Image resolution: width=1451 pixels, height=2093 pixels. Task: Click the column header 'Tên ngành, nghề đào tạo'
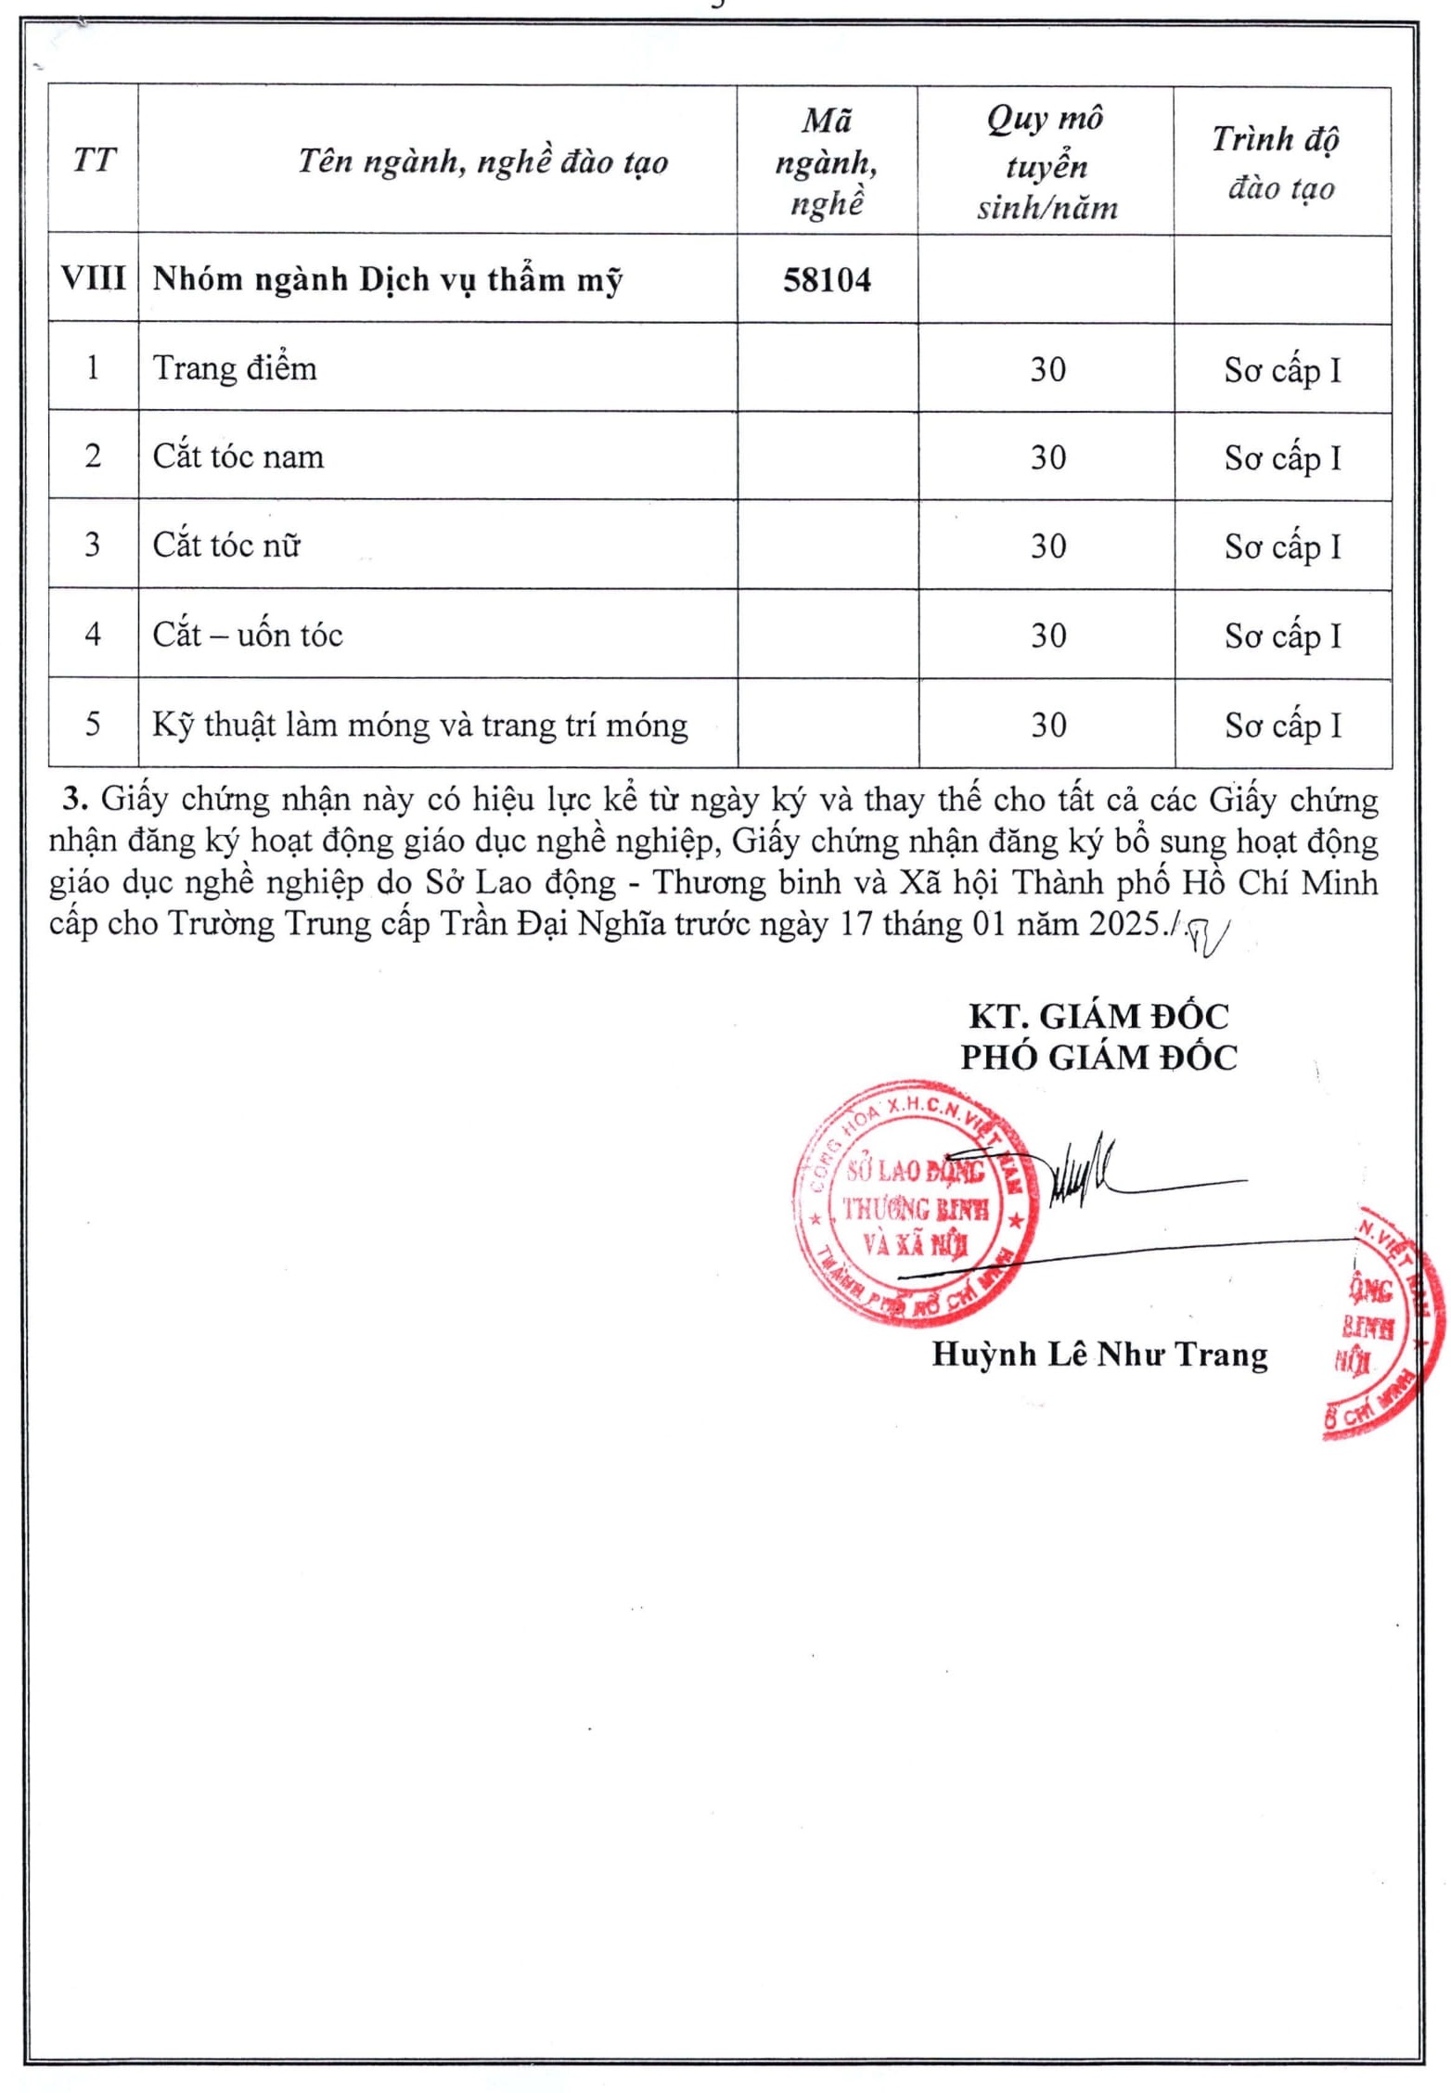(482, 161)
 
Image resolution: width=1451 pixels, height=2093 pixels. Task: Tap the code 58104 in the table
(827, 280)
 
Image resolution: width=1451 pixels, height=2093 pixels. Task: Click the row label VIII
(93, 278)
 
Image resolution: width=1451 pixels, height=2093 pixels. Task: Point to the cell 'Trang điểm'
(235, 368)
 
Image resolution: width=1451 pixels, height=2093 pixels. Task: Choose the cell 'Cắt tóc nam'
(238, 456)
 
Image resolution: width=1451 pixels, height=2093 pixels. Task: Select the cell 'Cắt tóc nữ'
(226, 545)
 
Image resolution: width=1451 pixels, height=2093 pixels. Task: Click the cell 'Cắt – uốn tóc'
(248, 635)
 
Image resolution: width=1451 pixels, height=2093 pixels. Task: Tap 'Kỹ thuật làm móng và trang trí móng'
(419, 725)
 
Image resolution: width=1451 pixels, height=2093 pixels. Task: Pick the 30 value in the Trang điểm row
(1047, 369)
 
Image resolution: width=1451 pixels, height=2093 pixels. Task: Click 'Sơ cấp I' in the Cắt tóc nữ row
(1282, 546)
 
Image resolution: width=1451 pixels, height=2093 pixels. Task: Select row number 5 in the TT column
(93, 724)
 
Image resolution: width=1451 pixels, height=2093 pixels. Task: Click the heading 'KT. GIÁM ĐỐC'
(1098, 1016)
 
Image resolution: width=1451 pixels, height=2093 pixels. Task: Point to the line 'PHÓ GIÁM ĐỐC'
(1098, 1057)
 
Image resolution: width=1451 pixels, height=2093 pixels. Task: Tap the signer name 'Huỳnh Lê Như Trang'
(1099, 1355)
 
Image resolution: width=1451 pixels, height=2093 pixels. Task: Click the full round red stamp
(914, 1202)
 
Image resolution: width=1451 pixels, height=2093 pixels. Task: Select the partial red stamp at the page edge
(1382, 1322)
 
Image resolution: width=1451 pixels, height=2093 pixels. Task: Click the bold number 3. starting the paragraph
(75, 799)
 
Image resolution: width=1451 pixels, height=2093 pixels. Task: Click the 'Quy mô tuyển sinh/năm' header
(1046, 162)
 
